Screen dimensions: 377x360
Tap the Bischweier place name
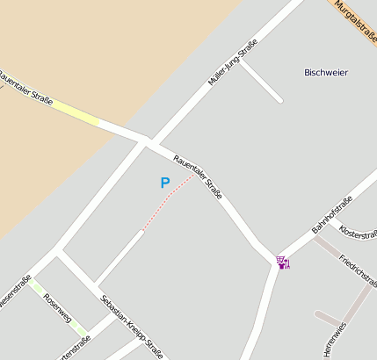pyautogui.click(x=326, y=72)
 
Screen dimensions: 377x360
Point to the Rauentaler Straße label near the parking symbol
pyautogui.click(x=198, y=176)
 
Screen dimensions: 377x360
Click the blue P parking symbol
pyautogui.click(x=164, y=183)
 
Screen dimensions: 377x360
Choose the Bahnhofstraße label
pyautogui.click(x=331, y=215)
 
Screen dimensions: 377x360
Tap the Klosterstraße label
pyautogui.click(x=358, y=235)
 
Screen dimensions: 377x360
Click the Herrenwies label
pyautogui.click(x=330, y=338)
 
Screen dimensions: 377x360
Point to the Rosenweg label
pyautogui.click(x=56, y=308)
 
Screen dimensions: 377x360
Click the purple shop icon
pyautogui.click(x=283, y=262)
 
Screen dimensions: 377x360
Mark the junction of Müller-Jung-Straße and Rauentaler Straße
pyautogui.click(x=149, y=140)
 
